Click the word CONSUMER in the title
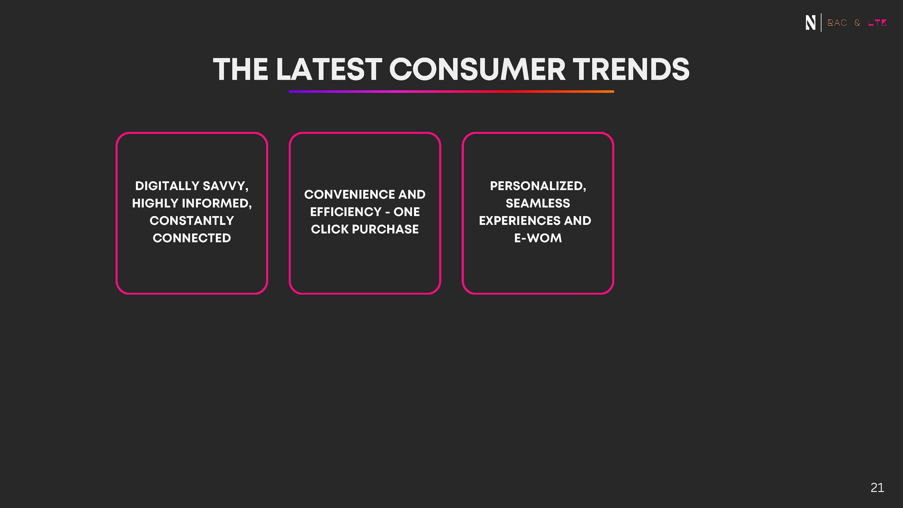[477, 69]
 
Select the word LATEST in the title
[329, 69]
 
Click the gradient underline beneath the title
[451, 91]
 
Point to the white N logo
[810, 22]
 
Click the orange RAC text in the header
[837, 23]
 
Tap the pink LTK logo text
[877, 23]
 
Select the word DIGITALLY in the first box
[167, 186]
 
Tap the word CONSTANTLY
[192, 221]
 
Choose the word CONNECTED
[192, 238]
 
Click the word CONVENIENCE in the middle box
[349, 194]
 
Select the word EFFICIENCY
[346, 212]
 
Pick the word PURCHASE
[385, 229]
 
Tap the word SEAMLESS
[538, 203]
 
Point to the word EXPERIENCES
[520, 221]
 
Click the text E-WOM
[538, 238]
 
